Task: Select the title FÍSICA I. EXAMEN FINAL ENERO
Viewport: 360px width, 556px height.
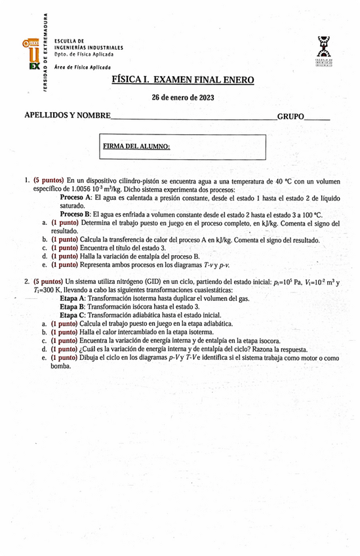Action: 183,80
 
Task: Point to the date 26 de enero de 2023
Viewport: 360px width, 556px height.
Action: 183,98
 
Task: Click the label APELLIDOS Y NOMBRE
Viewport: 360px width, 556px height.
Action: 67,116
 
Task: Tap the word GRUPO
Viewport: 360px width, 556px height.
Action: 291,116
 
